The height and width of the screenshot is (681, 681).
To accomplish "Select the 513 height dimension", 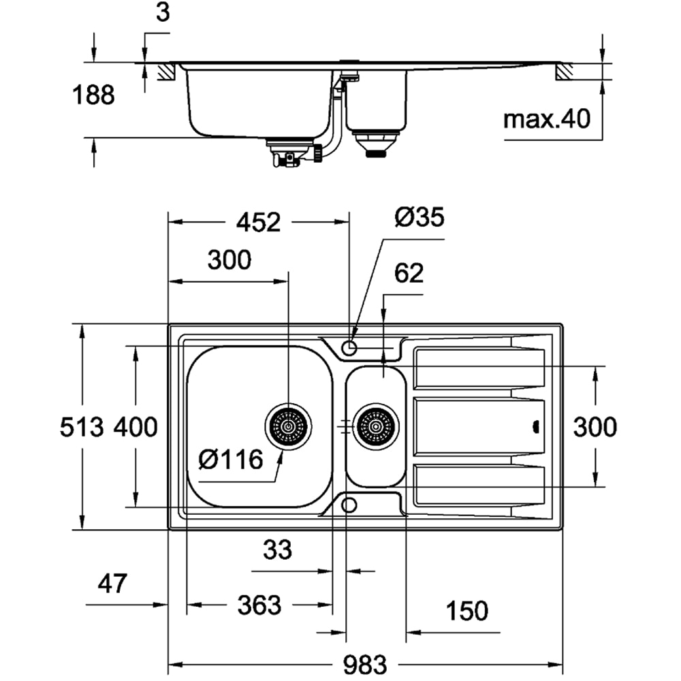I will click(x=82, y=428).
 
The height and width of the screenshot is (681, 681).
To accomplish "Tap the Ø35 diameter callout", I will click(x=419, y=218).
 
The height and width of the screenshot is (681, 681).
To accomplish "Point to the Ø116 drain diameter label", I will click(x=231, y=460).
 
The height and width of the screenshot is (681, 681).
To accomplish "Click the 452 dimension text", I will click(x=259, y=222).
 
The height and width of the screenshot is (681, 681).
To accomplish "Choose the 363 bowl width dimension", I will click(x=259, y=605).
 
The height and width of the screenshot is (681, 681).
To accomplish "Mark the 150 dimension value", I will click(x=467, y=611).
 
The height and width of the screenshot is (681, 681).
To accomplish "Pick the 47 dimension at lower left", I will click(x=113, y=584).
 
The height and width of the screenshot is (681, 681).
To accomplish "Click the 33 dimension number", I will click(x=276, y=549).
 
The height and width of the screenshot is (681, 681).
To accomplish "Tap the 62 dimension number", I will click(x=409, y=273).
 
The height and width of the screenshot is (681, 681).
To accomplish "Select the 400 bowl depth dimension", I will click(x=136, y=428).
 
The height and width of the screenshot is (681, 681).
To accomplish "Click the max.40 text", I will click(x=546, y=120).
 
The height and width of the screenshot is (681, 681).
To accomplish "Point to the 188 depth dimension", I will click(x=93, y=95).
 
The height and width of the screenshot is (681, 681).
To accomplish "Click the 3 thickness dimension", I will click(x=162, y=14).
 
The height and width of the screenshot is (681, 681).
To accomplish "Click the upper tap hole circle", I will click(x=349, y=349).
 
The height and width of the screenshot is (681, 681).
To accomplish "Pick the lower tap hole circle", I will click(x=349, y=505).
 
